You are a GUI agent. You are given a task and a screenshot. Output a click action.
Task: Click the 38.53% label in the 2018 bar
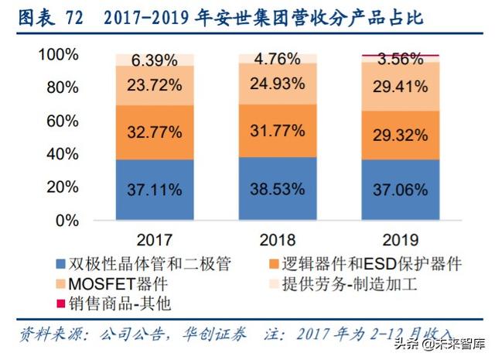click(x=277, y=189)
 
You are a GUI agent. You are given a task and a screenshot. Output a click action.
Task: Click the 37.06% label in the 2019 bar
click(x=400, y=189)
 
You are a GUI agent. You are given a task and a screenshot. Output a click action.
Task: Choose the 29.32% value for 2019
click(x=400, y=135)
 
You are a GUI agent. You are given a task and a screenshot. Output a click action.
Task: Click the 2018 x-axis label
click(x=277, y=238)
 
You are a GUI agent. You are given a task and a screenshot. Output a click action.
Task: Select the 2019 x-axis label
click(x=400, y=238)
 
